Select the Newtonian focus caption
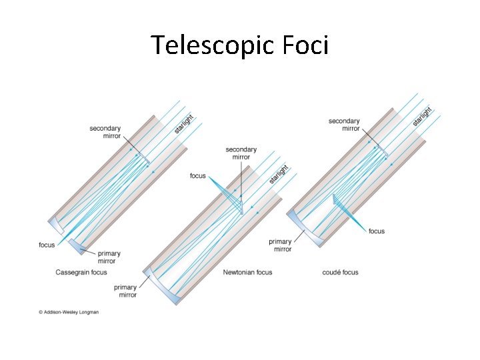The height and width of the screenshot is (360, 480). click(247, 272)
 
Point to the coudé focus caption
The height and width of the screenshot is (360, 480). click(340, 272)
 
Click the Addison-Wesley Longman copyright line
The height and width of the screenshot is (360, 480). click(69, 311)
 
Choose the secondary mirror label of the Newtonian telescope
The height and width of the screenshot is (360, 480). click(241, 153)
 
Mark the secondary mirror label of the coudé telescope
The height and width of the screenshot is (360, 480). click(344, 125)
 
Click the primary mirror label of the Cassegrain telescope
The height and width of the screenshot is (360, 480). click(109, 257)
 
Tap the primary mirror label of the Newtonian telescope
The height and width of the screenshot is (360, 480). click(125, 291)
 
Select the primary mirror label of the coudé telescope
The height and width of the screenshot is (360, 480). click(281, 245)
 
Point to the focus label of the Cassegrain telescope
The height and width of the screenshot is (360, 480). click(47, 245)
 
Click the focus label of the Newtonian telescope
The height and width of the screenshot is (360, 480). click(198, 176)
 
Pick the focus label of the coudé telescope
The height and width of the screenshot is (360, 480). click(377, 231)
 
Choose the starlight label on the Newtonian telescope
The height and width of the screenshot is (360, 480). click(279, 175)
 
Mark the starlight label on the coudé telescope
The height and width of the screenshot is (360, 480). click(422, 116)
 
